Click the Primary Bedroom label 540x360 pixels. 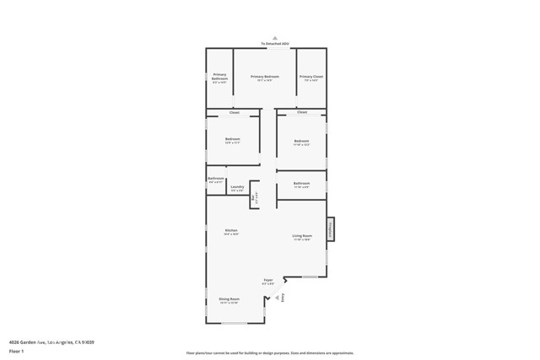[x=265, y=77]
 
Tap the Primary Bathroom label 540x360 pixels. [x=219, y=78]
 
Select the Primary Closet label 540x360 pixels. [x=311, y=77]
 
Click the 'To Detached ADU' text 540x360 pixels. [x=273, y=43]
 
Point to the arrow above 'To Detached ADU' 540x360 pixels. [x=274, y=38]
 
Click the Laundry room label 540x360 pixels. [x=237, y=186]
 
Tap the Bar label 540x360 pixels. [x=252, y=199]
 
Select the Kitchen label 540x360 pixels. [x=231, y=230]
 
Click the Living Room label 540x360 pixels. [x=302, y=236]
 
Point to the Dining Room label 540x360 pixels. [x=229, y=299]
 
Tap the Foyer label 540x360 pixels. [x=268, y=280]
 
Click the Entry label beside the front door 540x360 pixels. [x=283, y=297]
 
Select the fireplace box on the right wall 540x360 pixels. [x=331, y=228]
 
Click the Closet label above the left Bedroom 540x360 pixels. [x=235, y=112]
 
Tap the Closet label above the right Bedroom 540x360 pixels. [x=301, y=112]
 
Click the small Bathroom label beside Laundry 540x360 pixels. [x=216, y=179]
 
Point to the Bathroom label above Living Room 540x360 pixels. [x=301, y=183]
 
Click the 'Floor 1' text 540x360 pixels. [x=16, y=350]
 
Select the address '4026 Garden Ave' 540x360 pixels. [x=27, y=341]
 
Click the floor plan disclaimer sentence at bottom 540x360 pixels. [x=270, y=353]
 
